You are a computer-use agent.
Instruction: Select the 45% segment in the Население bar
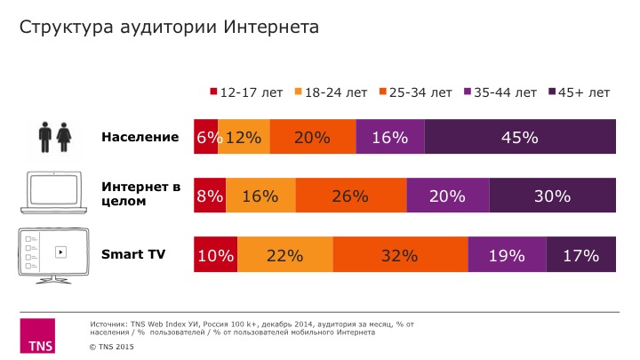point(519,137)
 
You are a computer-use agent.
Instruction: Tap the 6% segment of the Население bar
point(206,137)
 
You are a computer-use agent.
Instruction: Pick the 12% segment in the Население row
point(244,137)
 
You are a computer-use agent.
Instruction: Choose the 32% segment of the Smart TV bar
point(400,255)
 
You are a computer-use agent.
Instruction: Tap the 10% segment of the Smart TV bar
point(215,255)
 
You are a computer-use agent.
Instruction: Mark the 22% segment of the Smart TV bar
point(284,255)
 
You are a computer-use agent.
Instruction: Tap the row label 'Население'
point(140,137)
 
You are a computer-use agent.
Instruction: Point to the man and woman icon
point(55,138)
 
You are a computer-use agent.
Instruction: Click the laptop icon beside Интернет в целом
point(55,195)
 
